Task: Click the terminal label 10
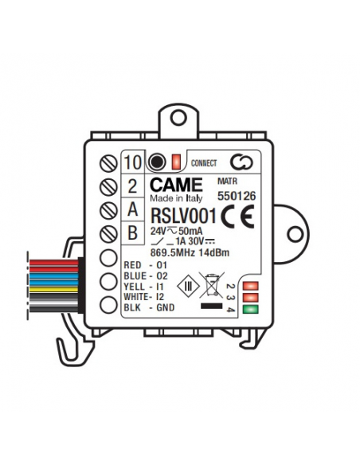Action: [x=132, y=162]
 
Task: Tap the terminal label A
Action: [x=132, y=209]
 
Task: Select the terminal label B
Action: [x=132, y=232]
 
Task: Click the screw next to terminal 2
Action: [x=108, y=187]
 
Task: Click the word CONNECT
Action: [x=204, y=163]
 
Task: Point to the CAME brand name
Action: [x=176, y=185]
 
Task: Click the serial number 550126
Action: [x=237, y=196]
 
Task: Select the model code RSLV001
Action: [x=183, y=216]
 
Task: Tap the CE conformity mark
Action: [x=237, y=217]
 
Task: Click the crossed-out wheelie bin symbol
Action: [x=211, y=285]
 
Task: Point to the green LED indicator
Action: [x=251, y=309]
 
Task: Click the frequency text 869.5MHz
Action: [x=173, y=253]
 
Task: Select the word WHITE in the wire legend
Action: [x=136, y=297]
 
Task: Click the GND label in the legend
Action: [x=166, y=307]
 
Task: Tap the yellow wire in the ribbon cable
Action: [x=54, y=289]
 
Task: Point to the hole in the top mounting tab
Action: [x=178, y=118]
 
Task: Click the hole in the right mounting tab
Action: [x=295, y=234]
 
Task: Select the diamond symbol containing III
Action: [x=188, y=286]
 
